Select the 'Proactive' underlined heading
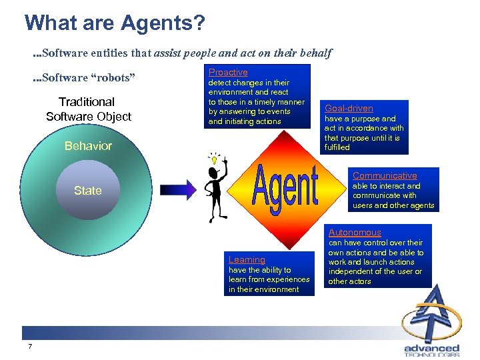point(228,72)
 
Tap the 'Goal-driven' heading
point(349,108)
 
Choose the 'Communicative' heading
point(385,176)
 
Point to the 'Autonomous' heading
point(355,233)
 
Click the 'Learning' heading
point(247,260)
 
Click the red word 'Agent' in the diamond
point(286,186)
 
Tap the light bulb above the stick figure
point(215,159)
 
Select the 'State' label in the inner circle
point(87,191)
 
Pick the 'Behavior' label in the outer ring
point(88,146)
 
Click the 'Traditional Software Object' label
point(88,109)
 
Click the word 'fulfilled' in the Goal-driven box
point(337,147)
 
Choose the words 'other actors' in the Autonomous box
point(349,281)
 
